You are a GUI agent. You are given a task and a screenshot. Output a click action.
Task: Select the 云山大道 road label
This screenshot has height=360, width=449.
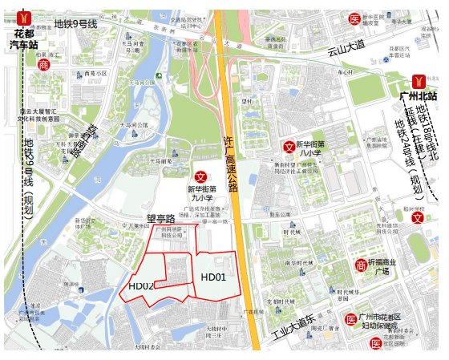346,51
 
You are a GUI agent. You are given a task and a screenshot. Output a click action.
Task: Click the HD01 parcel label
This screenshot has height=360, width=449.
213,277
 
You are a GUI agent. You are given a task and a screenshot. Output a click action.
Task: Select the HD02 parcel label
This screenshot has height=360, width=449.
141,285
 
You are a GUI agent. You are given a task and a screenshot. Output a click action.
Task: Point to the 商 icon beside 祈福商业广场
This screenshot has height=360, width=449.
361,265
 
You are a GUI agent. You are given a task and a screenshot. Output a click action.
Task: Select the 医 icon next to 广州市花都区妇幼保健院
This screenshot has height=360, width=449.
350,319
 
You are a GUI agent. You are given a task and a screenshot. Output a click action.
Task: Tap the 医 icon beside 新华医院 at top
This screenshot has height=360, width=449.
354,18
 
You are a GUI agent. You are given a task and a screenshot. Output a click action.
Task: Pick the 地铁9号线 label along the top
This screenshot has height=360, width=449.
75,26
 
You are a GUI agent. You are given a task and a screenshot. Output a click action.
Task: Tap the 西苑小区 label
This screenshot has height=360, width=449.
96,73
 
